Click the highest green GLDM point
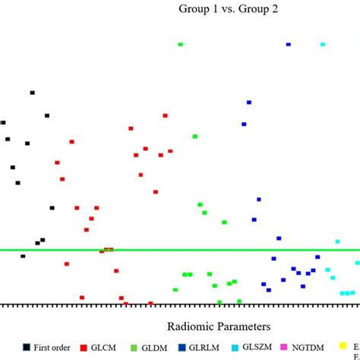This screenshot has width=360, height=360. pos(180,45)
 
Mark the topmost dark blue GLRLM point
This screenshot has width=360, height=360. pos(288,45)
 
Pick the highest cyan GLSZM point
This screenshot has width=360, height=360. pos(323,45)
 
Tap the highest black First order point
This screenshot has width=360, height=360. pos(32,93)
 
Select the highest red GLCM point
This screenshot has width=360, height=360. pos(165,115)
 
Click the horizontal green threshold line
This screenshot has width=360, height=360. pos(190,249)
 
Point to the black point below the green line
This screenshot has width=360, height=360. pos(23,256)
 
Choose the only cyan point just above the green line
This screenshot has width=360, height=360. pos(337,242)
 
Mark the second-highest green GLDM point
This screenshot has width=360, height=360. pos(195,136)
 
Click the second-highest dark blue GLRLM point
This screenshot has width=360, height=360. pos(248,102)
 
